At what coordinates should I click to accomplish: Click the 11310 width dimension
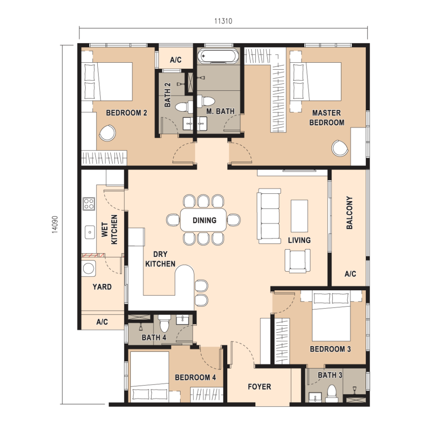223,21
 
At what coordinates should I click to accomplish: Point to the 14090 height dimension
55,225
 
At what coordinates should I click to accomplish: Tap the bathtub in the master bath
218,56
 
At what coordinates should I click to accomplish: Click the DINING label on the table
204,220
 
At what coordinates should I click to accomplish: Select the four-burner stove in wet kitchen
89,204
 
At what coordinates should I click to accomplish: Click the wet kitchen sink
90,232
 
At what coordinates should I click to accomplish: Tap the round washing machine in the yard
88,268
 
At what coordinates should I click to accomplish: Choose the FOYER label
259,386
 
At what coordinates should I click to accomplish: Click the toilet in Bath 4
164,324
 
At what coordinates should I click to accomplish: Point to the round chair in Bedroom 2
107,133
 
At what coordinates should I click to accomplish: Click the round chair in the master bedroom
340,148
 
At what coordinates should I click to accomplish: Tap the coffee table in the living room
300,216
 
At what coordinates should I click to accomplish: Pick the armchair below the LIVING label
297,261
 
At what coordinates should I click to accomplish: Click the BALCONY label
349,212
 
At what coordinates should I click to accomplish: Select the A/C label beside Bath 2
176,60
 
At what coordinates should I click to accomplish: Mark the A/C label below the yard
102,321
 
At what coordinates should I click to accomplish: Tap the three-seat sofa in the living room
269,216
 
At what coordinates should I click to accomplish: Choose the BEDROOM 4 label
195,377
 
